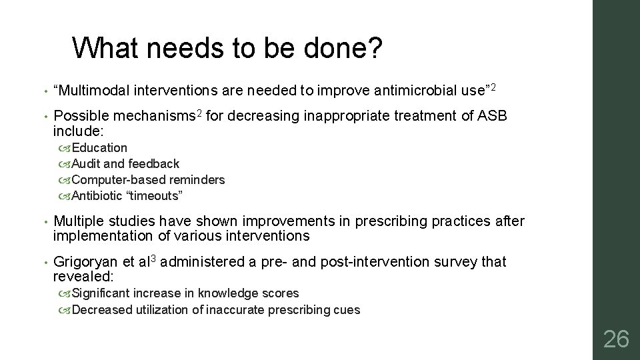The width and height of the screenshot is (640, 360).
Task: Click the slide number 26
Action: click(615, 339)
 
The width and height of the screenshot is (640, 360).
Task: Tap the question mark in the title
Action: click(375, 48)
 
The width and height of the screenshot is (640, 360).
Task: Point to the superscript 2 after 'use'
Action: click(494, 87)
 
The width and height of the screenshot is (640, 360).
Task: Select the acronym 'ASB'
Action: click(493, 117)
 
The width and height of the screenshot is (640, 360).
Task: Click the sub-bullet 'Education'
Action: click(99, 147)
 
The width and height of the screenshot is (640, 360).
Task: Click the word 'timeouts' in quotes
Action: click(154, 195)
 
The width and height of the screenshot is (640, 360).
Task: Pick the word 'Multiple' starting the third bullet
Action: click(79, 221)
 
